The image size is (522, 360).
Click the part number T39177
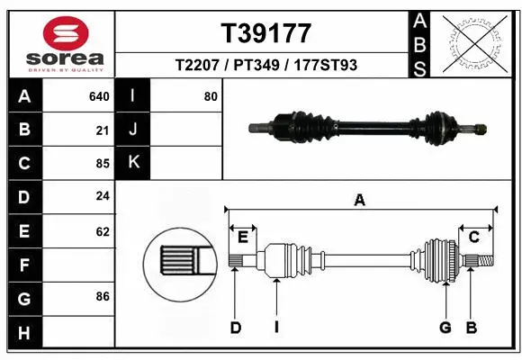point(265,33)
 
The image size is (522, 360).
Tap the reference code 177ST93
point(319,66)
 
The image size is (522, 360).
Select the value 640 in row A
point(99,96)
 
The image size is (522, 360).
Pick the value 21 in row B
point(103,130)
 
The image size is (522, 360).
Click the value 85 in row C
point(103,164)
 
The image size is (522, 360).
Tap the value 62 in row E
point(103,231)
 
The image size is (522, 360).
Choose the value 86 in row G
point(103,296)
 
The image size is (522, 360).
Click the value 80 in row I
point(211,96)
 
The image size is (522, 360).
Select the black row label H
point(23,332)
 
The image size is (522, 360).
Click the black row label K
point(133,163)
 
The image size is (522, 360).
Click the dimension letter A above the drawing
point(360,201)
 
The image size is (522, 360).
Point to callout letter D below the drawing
point(235,328)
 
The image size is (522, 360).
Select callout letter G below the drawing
point(445,328)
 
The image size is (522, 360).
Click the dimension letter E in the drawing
point(243,237)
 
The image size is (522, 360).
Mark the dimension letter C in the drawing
point(473,237)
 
